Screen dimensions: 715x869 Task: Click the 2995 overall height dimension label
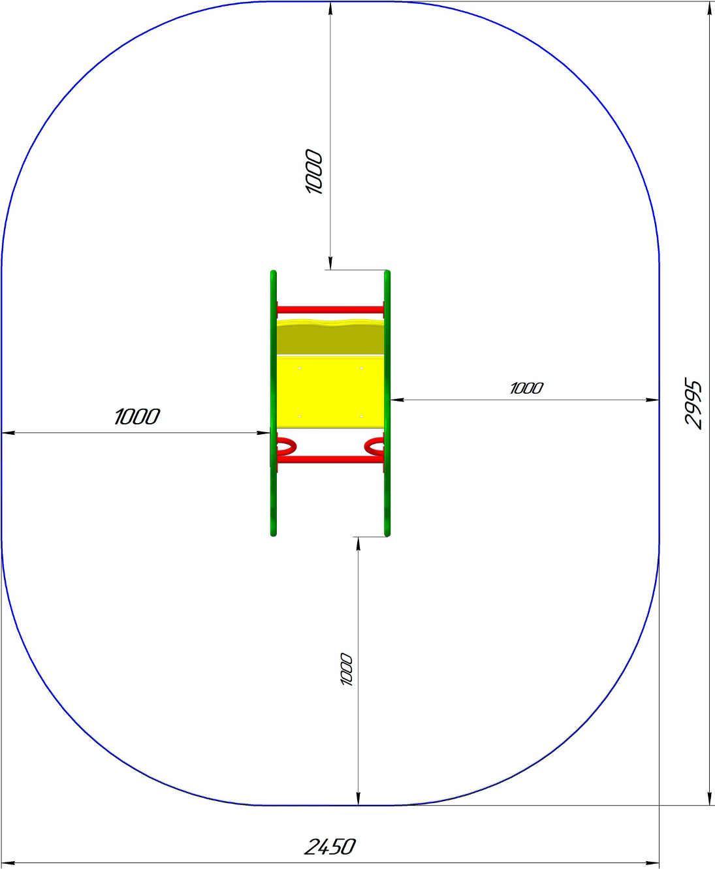693,403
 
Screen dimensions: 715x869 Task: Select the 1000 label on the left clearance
137,417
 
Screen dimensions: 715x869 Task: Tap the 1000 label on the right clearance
527,388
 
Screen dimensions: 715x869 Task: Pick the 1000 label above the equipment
313,172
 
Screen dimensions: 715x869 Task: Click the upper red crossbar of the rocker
330,309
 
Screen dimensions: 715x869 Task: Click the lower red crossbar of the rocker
330,460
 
